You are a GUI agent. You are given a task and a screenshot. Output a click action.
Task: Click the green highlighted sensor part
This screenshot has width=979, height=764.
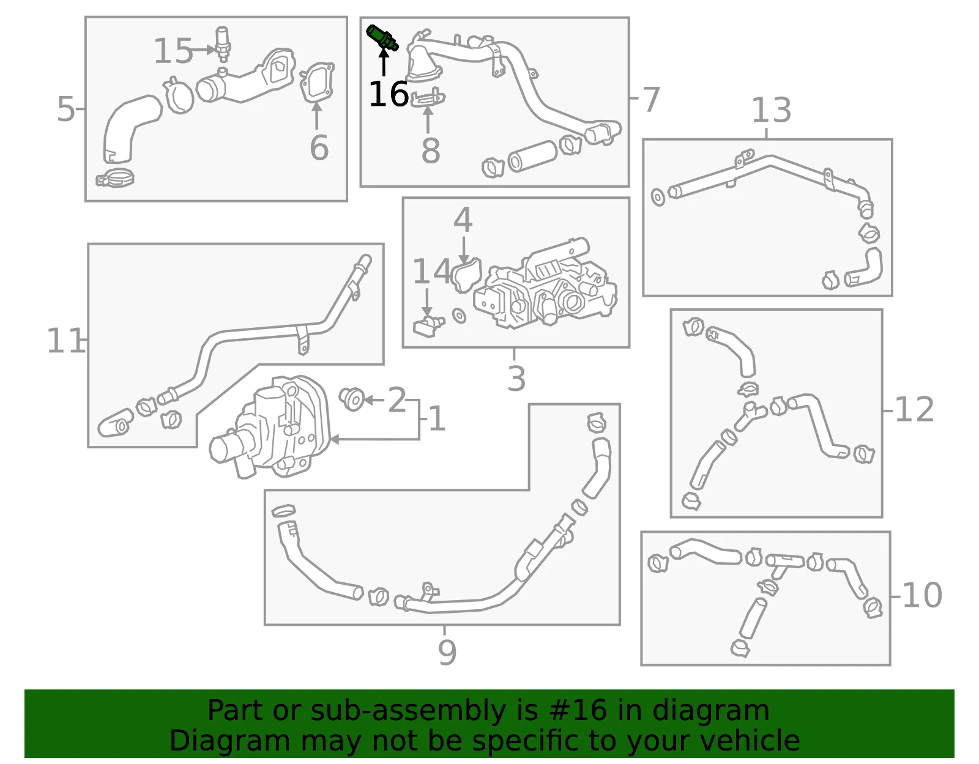[x=382, y=38]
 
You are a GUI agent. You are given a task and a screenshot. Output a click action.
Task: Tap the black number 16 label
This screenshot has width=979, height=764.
[x=388, y=94]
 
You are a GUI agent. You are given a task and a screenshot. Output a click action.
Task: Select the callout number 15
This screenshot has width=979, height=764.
[x=173, y=50]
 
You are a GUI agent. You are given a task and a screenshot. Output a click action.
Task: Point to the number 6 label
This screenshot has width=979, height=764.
[x=319, y=147]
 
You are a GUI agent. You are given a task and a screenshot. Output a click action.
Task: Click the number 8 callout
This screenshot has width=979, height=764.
[x=430, y=150]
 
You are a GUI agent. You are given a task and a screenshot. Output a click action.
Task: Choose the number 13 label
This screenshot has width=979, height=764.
[x=772, y=109]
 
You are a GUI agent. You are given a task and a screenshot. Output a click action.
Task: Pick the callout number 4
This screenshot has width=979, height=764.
[x=463, y=220]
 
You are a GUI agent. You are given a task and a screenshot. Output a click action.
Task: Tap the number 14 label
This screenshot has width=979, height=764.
[x=431, y=271]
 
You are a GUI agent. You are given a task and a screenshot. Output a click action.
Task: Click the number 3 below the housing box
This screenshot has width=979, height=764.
[x=516, y=379]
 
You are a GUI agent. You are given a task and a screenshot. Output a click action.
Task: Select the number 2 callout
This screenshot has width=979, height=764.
[x=396, y=399]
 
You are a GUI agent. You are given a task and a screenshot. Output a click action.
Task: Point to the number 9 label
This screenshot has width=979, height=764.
[x=447, y=652]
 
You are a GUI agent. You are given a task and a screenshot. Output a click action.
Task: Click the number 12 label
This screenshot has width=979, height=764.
[x=914, y=409]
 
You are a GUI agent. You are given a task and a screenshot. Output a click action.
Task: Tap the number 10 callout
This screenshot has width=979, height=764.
[x=921, y=596]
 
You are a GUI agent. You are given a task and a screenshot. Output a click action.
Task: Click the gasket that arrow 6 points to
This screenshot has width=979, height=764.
[x=317, y=83]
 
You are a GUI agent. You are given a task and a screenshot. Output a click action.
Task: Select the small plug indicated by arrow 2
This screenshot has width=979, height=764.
[x=351, y=399]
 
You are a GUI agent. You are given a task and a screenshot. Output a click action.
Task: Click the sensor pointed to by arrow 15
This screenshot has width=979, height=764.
[x=222, y=44]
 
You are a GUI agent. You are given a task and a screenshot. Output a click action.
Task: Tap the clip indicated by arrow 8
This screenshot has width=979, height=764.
[x=428, y=98]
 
